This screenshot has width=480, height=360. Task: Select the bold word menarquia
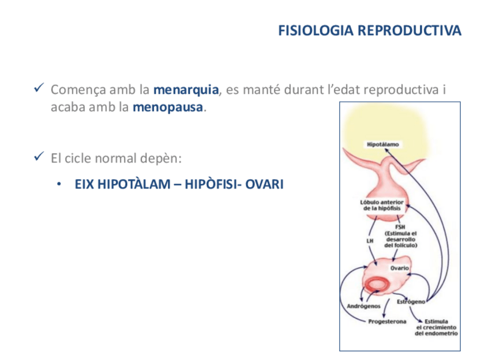[x=186, y=89]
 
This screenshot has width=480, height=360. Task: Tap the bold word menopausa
[x=167, y=108]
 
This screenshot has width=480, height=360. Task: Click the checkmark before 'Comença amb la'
[x=39, y=89]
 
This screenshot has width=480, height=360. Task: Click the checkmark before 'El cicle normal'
[x=39, y=157]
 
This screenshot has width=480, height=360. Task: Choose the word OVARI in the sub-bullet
[x=265, y=185]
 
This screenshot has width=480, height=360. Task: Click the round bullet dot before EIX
[x=58, y=185]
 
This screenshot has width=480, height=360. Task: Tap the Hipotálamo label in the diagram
[x=383, y=144]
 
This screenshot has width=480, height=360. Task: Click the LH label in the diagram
[x=371, y=240]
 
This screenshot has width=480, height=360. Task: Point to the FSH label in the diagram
[x=401, y=227]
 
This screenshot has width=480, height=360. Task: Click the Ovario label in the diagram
[x=400, y=268]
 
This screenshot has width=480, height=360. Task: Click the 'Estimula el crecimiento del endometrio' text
[x=436, y=328]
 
